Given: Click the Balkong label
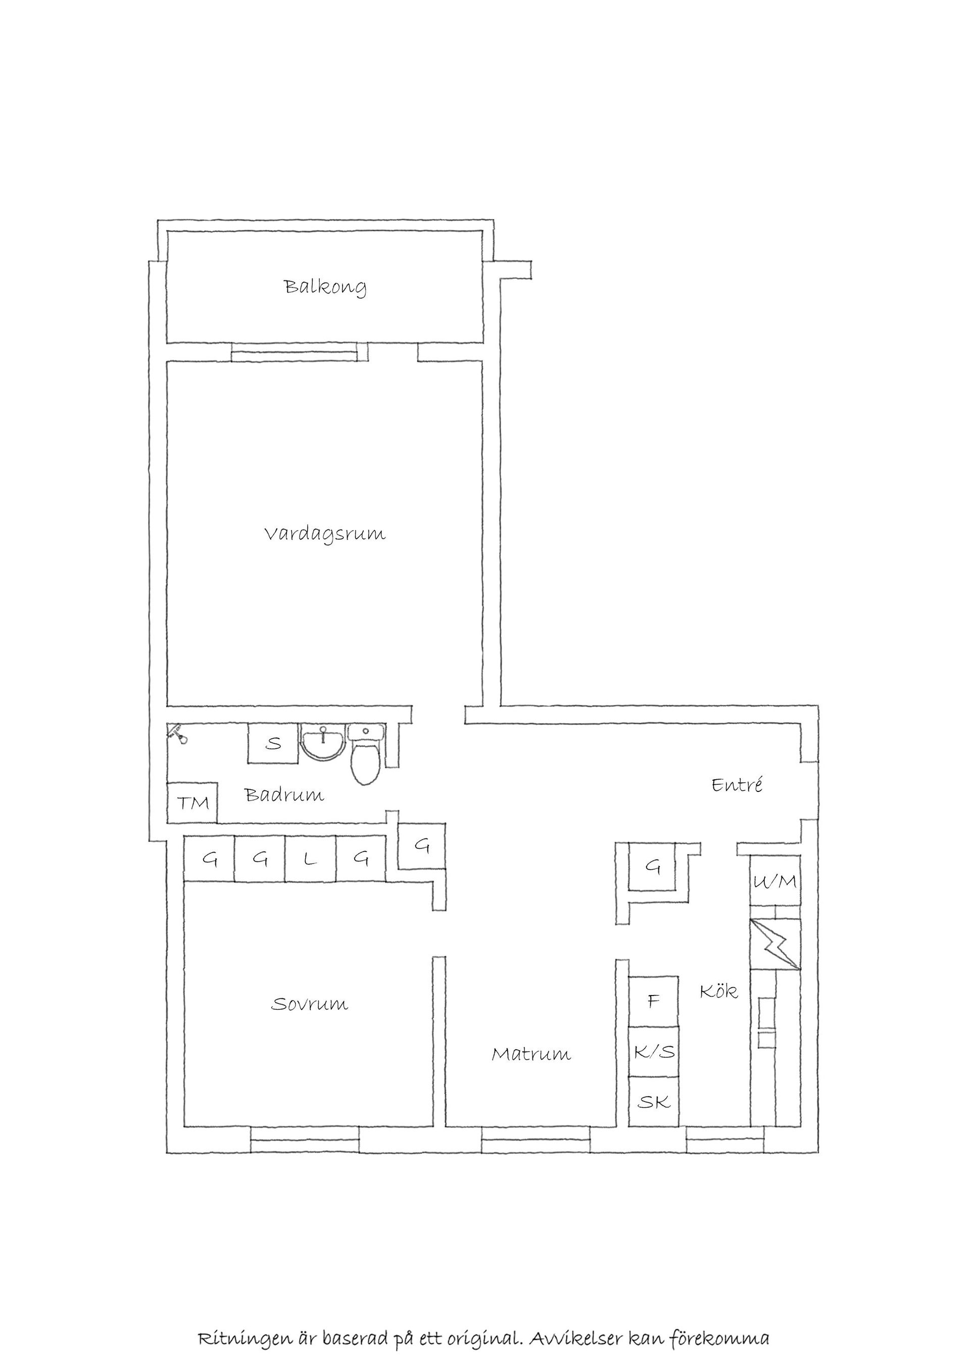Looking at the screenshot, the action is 325,288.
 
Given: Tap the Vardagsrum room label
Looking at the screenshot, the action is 325,534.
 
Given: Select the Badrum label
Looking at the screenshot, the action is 284,795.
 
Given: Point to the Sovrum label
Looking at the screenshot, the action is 309,1004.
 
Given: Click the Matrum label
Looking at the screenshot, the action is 531,1054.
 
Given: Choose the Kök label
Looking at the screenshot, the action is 718,991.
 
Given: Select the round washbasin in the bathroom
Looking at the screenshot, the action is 323,743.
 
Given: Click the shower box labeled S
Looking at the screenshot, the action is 273,743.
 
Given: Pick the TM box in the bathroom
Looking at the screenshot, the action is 192,802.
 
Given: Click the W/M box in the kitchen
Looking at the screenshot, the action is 775,881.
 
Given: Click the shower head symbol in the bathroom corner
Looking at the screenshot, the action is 177,734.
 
